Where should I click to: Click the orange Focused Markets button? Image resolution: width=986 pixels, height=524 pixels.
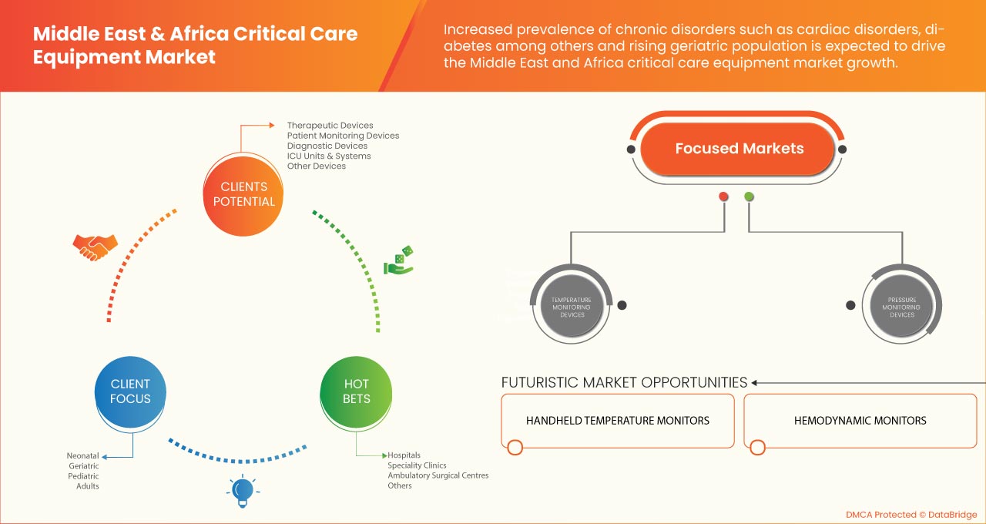[x=739, y=149]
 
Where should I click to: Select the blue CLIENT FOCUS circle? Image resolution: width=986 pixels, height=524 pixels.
[x=130, y=391]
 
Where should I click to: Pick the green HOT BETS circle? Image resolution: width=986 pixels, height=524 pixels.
[x=356, y=391]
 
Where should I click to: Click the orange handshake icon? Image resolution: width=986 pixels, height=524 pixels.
[x=95, y=247]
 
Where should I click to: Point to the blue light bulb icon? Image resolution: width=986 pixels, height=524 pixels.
[x=243, y=490]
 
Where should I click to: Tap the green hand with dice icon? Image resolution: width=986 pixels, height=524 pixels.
[x=399, y=260]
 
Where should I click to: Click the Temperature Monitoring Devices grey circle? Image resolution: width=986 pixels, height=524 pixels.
[x=572, y=307]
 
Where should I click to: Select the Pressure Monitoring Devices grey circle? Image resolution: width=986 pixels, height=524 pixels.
[x=901, y=307]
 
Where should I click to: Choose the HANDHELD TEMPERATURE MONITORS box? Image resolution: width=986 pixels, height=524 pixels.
[x=618, y=421]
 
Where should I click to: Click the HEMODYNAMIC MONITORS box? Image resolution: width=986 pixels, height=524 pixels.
[x=860, y=421]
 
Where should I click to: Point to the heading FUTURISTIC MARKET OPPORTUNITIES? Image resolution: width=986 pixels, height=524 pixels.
[x=624, y=382]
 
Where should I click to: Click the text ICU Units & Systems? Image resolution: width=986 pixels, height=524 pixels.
[x=329, y=156]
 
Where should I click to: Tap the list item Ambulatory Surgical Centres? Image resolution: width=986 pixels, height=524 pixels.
[x=438, y=475]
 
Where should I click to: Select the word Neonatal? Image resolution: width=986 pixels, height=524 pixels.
[x=82, y=455]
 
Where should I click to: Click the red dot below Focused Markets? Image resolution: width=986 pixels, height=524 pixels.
[x=723, y=196]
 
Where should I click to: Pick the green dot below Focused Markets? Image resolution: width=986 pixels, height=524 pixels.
[x=749, y=196]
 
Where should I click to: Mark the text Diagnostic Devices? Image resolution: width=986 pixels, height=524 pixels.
[x=327, y=146]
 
